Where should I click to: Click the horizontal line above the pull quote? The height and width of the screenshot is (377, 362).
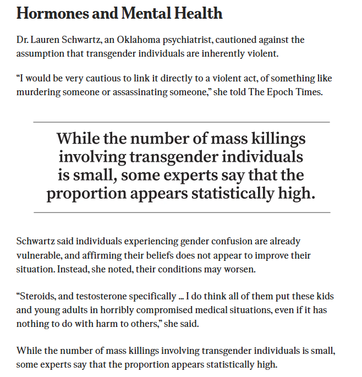pos(182,122)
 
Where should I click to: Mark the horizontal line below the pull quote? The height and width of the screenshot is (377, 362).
pos(182,212)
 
